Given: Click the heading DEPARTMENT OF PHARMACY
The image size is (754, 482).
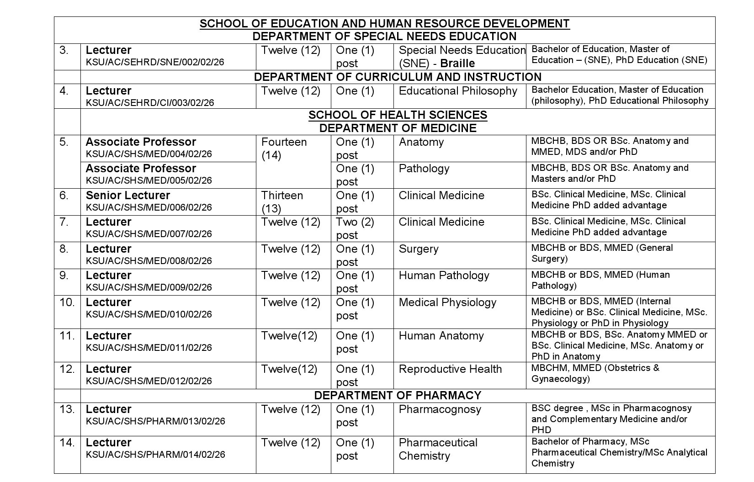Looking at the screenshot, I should [x=398, y=395].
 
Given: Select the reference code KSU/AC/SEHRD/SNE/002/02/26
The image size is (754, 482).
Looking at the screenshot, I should [x=155, y=62].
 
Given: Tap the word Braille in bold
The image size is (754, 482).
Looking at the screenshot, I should [x=457, y=63].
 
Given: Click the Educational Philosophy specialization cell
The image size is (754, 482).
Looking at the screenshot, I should [x=458, y=91].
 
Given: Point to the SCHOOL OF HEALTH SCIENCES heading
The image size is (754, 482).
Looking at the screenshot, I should [x=398, y=115].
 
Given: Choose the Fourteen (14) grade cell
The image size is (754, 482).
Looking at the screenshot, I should [x=284, y=148].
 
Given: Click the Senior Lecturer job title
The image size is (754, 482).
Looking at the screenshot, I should [x=128, y=196].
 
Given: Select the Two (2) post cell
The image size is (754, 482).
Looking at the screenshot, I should [x=355, y=228].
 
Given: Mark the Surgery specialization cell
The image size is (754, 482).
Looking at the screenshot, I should [x=419, y=249].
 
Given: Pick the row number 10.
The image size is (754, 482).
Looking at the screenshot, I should [x=67, y=302].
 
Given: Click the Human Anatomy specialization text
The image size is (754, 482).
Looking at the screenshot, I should [x=441, y=336].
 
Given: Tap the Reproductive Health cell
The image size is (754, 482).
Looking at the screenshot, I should [x=450, y=369].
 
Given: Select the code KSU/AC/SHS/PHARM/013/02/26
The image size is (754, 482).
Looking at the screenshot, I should [x=155, y=421].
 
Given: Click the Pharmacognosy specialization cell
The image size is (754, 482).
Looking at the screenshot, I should [x=440, y=409].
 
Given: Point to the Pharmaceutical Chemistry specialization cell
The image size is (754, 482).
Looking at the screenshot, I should [x=438, y=449].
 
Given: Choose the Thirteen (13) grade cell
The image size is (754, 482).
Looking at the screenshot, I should [x=282, y=202].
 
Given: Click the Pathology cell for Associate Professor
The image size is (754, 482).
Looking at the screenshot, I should [x=424, y=169].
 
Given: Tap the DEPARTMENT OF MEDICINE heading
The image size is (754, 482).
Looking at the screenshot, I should [x=398, y=128].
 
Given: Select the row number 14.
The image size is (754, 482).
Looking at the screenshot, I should [x=67, y=443].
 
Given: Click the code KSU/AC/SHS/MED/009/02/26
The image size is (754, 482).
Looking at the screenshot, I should [x=149, y=287].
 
